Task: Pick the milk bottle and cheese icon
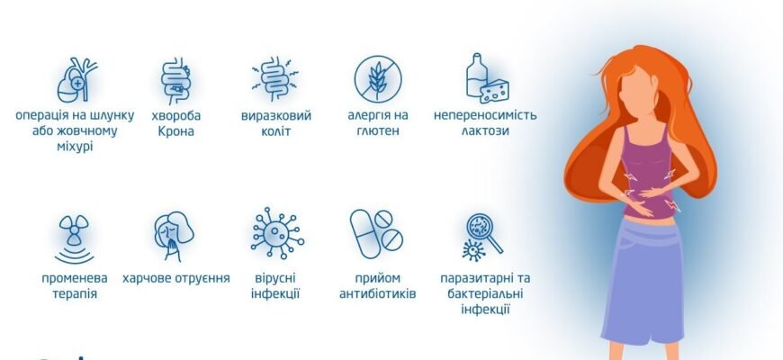click(483, 80)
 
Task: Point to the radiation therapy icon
click(75, 237)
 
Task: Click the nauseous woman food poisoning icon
click(174, 237)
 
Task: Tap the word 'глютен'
click(378, 131)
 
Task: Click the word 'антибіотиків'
click(378, 293)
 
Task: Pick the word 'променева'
click(75, 278)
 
